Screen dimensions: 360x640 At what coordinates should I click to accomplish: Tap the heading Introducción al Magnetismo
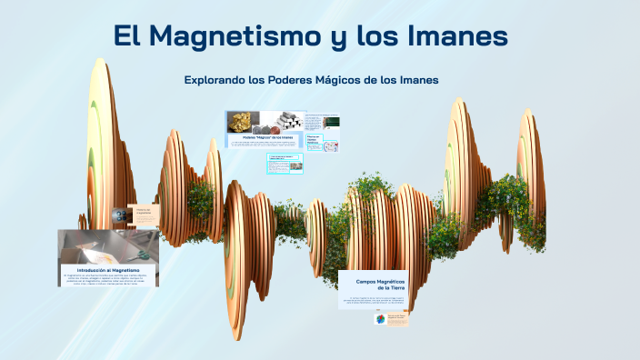point(107,270)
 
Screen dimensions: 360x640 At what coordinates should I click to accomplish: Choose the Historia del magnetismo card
point(147,215)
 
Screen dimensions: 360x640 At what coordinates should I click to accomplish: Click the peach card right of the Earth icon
point(397,319)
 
